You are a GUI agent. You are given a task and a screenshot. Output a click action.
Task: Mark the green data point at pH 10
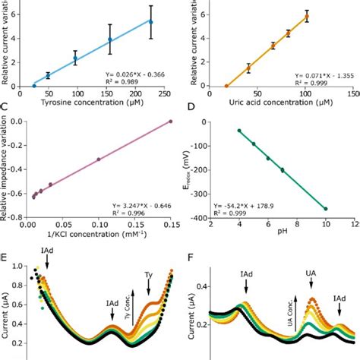(x=327, y=209)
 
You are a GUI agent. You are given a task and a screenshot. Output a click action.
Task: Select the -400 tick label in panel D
(x=215, y=218)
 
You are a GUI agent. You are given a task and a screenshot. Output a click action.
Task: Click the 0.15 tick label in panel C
(x=170, y=226)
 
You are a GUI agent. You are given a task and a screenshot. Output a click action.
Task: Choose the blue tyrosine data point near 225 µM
(x=150, y=22)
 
